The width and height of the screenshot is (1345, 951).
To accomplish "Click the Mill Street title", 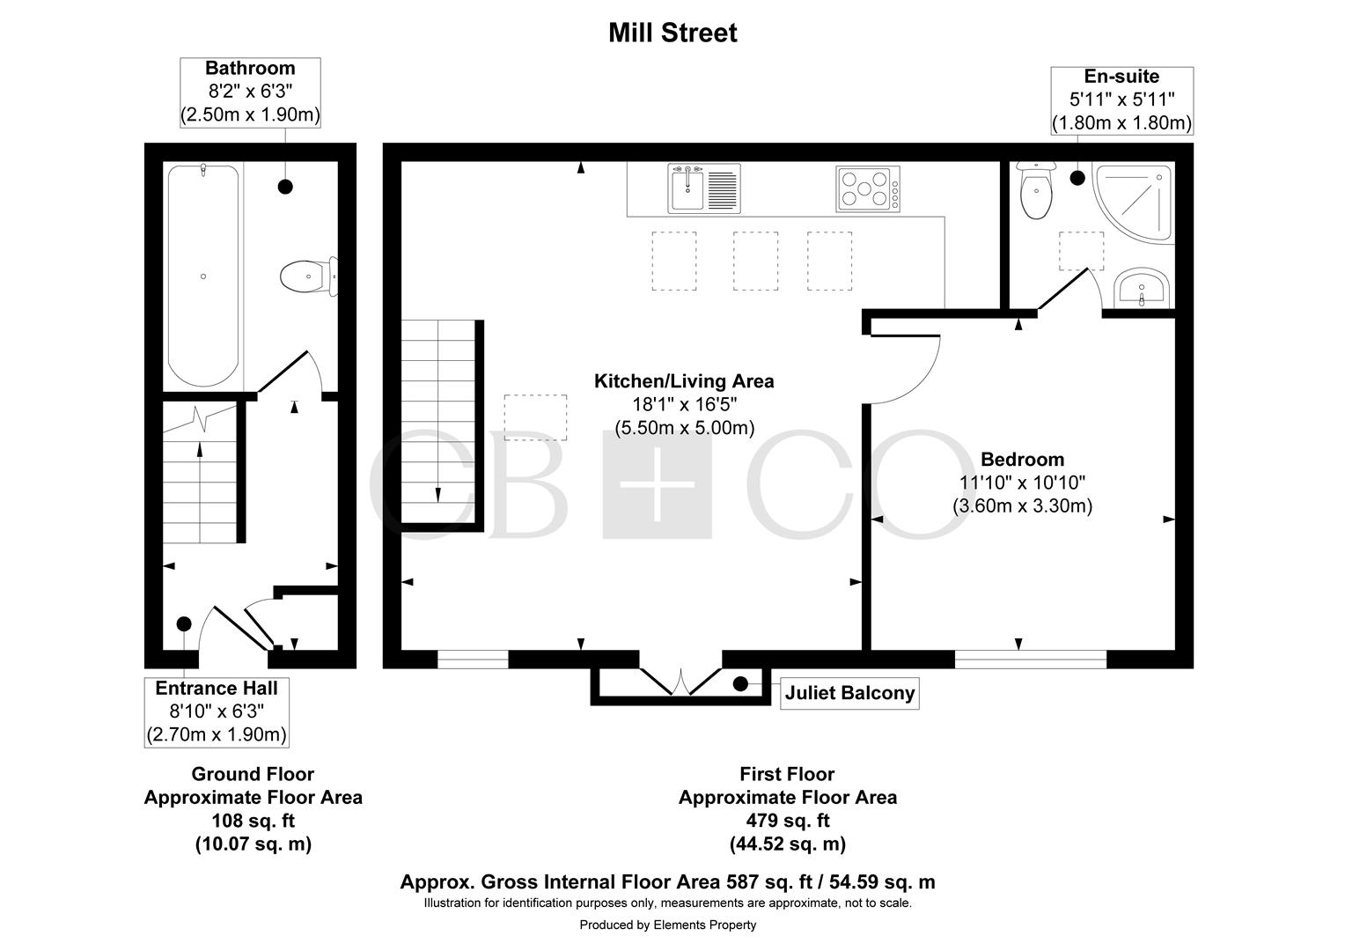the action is click(x=672, y=33).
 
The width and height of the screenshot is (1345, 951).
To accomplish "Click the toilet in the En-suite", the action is click(x=1036, y=190).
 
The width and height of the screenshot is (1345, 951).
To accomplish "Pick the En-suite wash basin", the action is click(x=1142, y=288).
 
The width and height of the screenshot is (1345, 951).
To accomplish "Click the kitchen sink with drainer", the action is click(x=703, y=188).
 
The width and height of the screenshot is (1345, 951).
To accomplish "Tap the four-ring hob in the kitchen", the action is click(x=868, y=188).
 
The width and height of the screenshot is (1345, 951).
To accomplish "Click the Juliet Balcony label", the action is click(x=849, y=693).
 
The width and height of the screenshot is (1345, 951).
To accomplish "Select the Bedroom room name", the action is click(x=1023, y=459).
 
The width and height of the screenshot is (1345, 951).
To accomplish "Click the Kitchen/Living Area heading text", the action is click(x=684, y=381).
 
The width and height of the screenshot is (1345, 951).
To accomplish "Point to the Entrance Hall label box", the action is click(x=217, y=711).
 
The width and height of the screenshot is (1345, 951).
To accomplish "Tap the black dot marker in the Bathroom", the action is click(x=285, y=187).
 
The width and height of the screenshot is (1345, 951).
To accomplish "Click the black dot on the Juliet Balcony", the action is click(x=740, y=683).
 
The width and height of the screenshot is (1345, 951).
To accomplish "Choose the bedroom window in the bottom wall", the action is click(x=1031, y=659).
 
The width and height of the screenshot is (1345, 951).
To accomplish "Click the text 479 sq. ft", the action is click(x=787, y=820).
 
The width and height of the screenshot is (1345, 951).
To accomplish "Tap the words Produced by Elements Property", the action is click(x=668, y=925).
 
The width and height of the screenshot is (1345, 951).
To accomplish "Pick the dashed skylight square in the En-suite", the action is click(x=1081, y=251).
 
